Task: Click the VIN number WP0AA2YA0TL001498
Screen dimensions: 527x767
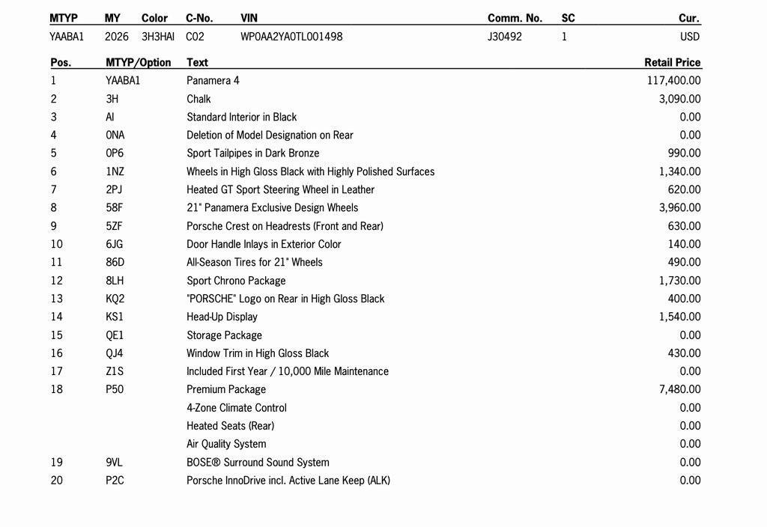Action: coord(291,37)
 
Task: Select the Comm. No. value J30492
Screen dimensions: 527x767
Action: coord(505,37)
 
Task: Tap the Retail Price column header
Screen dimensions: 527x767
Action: coord(672,63)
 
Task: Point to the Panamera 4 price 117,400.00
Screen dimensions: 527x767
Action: coord(673,81)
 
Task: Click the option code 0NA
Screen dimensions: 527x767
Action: coord(115,135)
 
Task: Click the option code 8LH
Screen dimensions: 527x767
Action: coord(115,281)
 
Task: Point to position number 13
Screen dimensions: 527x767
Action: coord(57,299)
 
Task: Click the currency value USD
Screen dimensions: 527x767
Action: coord(690,37)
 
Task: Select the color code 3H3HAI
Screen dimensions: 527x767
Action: coord(158,37)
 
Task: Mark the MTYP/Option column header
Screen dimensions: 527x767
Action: coord(139,63)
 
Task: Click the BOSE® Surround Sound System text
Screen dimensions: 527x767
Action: coord(258,463)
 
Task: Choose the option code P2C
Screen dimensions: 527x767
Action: coord(115,481)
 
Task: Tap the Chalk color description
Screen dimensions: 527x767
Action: coord(198,99)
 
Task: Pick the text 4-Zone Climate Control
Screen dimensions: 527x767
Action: coord(237,408)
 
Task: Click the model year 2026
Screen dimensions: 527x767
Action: coord(117,37)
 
